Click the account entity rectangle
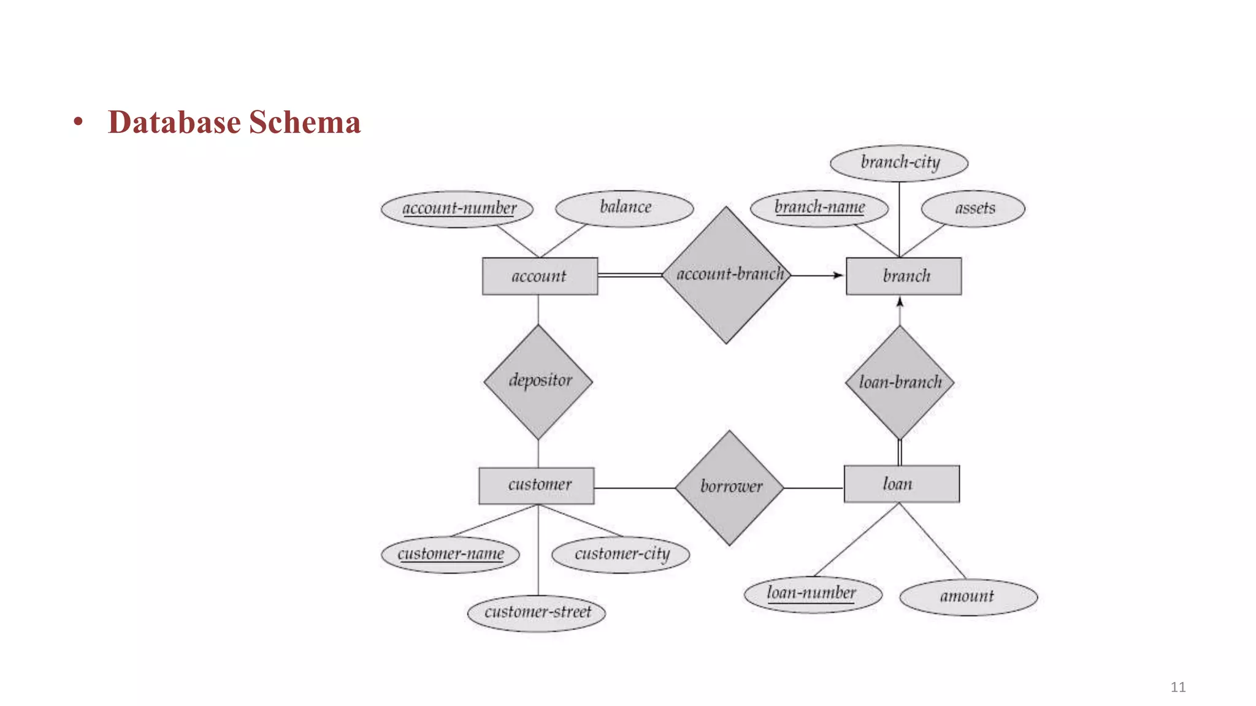click(x=540, y=276)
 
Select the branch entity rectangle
click(x=903, y=276)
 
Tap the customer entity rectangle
click(x=537, y=485)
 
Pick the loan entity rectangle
click(x=901, y=484)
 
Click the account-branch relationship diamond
click(x=727, y=275)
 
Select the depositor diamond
click(x=538, y=381)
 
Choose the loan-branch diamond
click(x=899, y=382)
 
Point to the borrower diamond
click(x=729, y=487)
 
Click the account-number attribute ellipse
click(x=458, y=209)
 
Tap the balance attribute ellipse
click(x=624, y=208)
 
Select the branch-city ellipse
click(x=899, y=163)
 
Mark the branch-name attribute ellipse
click(x=819, y=208)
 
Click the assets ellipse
click(x=973, y=209)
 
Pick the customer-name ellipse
click(x=450, y=555)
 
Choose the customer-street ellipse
click(x=537, y=612)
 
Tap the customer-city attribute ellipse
click(x=621, y=555)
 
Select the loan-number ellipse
click(x=813, y=594)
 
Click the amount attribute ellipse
click(x=968, y=596)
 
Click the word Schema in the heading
click(x=305, y=122)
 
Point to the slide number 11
click(x=1177, y=687)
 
